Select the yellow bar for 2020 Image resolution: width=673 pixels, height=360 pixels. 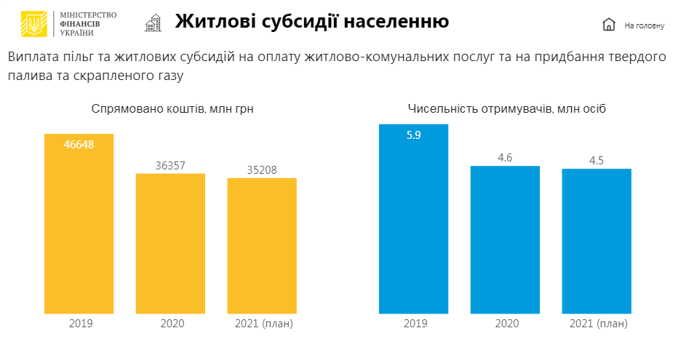click(170, 244)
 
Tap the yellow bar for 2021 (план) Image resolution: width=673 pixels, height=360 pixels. click(262, 246)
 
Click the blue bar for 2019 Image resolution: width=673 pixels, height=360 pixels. click(414, 219)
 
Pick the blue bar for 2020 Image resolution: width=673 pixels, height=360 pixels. click(505, 240)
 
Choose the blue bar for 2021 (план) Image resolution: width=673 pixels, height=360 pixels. click(597, 241)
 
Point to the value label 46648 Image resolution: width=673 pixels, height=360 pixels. click(79, 144)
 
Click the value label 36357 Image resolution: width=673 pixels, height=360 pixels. click(170, 165)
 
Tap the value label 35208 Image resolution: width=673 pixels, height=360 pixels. click(262, 169)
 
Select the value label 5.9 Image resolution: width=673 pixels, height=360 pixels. click(414, 135)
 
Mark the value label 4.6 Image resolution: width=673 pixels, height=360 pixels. click(505, 157)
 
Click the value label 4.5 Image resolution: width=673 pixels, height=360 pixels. click(597, 160)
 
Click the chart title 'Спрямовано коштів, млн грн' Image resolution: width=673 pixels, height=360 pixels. click(172, 109)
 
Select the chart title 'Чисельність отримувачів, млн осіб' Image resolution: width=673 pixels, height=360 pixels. click(507, 109)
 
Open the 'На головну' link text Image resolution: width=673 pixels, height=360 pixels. click(644, 25)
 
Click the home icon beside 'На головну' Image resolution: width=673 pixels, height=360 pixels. click(609, 25)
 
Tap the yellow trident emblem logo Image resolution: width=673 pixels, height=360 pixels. click(33, 24)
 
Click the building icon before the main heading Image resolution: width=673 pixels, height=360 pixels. click(153, 23)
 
